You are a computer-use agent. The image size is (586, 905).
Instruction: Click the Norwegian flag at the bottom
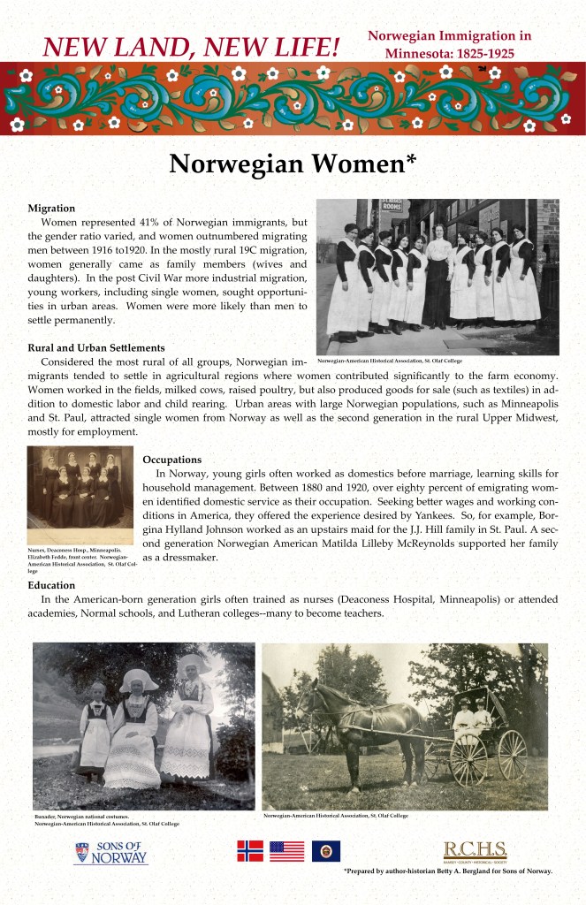click(x=250, y=850)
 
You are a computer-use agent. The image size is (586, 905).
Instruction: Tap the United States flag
click(x=286, y=850)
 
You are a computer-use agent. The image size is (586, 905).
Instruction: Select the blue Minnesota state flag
click(x=325, y=850)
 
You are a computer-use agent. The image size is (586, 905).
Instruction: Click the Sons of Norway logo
click(x=110, y=853)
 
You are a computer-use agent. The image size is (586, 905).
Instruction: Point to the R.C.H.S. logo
click(x=475, y=852)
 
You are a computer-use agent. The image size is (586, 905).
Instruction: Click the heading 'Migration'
click(x=51, y=207)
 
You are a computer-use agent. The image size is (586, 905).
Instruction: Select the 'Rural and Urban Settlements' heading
click(x=96, y=347)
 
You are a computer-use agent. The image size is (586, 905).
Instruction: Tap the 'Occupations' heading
click(x=172, y=460)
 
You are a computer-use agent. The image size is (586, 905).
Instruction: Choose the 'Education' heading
click(x=51, y=585)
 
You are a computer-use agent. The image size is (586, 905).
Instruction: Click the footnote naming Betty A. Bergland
click(x=448, y=871)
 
